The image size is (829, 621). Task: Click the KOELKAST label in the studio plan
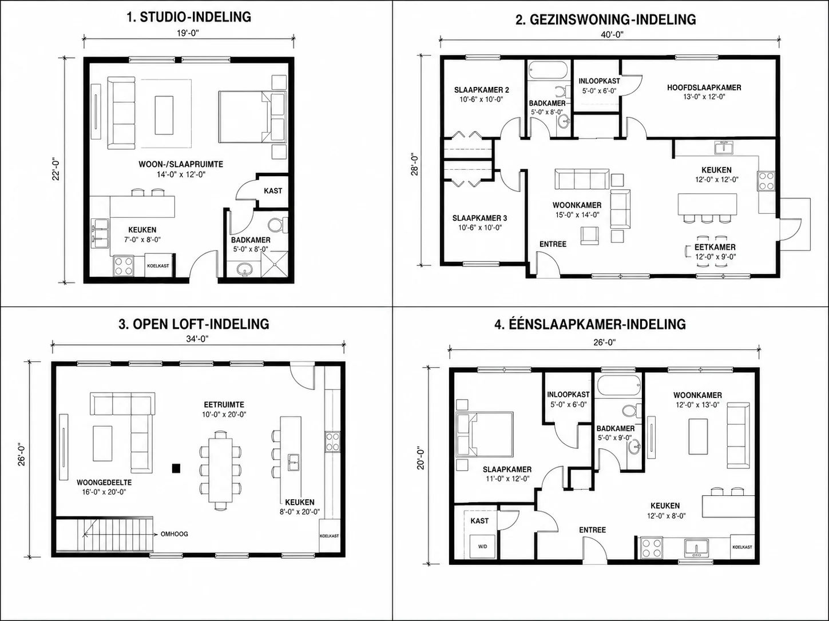click(x=158, y=266)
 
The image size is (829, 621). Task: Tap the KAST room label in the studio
click(x=273, y=190)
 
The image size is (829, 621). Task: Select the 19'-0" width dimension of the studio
click(x=188, y=33)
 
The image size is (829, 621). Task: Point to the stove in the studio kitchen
click(x=124, y=266)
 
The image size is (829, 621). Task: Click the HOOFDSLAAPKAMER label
click(x=704, y=87)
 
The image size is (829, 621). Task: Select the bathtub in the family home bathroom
click(x=548, y=70)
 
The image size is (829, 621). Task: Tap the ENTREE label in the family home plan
click(x=553, y=244)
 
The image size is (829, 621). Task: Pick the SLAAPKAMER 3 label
click(x=479, y=218)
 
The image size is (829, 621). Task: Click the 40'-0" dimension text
click(x=612, y=35)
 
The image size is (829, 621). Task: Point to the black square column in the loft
click(x=176, y=468)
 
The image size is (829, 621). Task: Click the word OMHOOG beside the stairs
click(x=174, y=534)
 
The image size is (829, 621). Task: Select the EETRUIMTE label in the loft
click(x=224, y=404)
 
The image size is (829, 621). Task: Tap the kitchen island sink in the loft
click(x=294, y=463)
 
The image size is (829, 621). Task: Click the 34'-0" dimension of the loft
click(x=197, y=339)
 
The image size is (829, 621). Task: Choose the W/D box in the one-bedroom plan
click(x=482, y=546)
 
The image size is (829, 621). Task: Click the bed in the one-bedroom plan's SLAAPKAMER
click(x=485, y=435)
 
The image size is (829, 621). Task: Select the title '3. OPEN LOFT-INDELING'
click(x=194, y=324)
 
